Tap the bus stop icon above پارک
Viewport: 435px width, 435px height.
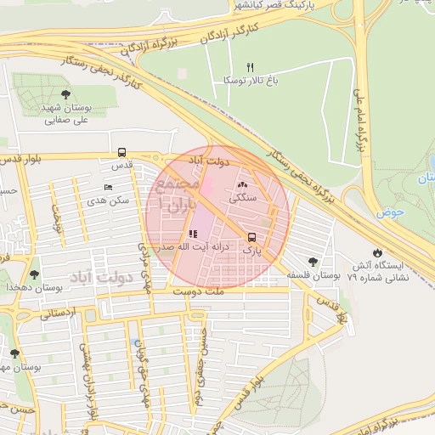[251, 238]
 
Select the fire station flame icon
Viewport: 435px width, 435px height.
[377, 252]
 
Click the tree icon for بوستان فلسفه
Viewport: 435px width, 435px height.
[314, 263]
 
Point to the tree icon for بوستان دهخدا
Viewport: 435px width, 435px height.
[34, 274]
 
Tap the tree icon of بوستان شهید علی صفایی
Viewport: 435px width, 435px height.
[66, 94]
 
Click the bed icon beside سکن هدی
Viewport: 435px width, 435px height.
[107, 188]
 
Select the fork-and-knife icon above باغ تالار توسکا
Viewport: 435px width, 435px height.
[250, 66]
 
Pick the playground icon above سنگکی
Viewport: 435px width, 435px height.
[242, 184]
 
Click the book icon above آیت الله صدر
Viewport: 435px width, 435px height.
[193, 234]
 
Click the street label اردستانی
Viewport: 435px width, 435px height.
[57, 313]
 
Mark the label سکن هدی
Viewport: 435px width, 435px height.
[108, 201]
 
